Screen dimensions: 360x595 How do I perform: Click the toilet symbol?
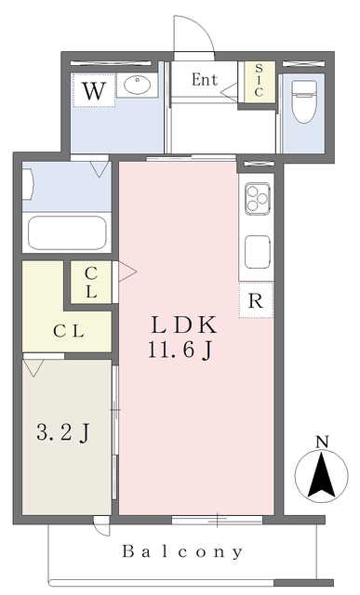click(x=304, y=101)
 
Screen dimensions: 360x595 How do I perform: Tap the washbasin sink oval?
click(x=137, y=85)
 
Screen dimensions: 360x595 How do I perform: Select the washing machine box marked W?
click(x=94, y=90)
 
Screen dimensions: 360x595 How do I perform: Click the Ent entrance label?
click(x=205, y=80)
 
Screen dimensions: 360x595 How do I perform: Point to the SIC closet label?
click(x=259, y=80)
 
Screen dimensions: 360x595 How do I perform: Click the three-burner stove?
click(x=258, y=198)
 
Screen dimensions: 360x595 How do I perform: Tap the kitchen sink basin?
click(x=258, y=252)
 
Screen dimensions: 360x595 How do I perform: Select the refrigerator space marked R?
click(x=256, y=299)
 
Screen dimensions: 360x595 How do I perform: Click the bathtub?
click(x=67, y=232)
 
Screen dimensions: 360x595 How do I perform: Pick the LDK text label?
click(x=184, y=325)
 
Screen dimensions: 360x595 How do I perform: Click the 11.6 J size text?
click(x=180, y=350)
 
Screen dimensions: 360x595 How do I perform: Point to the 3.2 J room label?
click(x=63, y=432)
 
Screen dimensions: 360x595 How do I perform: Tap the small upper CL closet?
click(x=91, y=282)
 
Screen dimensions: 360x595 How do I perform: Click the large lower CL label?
click(x=68, y=332)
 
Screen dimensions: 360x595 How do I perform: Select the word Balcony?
click(x=182, y=551)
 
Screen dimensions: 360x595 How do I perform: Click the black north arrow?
click(x=322, y=475)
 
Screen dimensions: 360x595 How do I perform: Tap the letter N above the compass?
click(x=323, y=442)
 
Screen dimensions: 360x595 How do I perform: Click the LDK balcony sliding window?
click(x=218, y=520)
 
